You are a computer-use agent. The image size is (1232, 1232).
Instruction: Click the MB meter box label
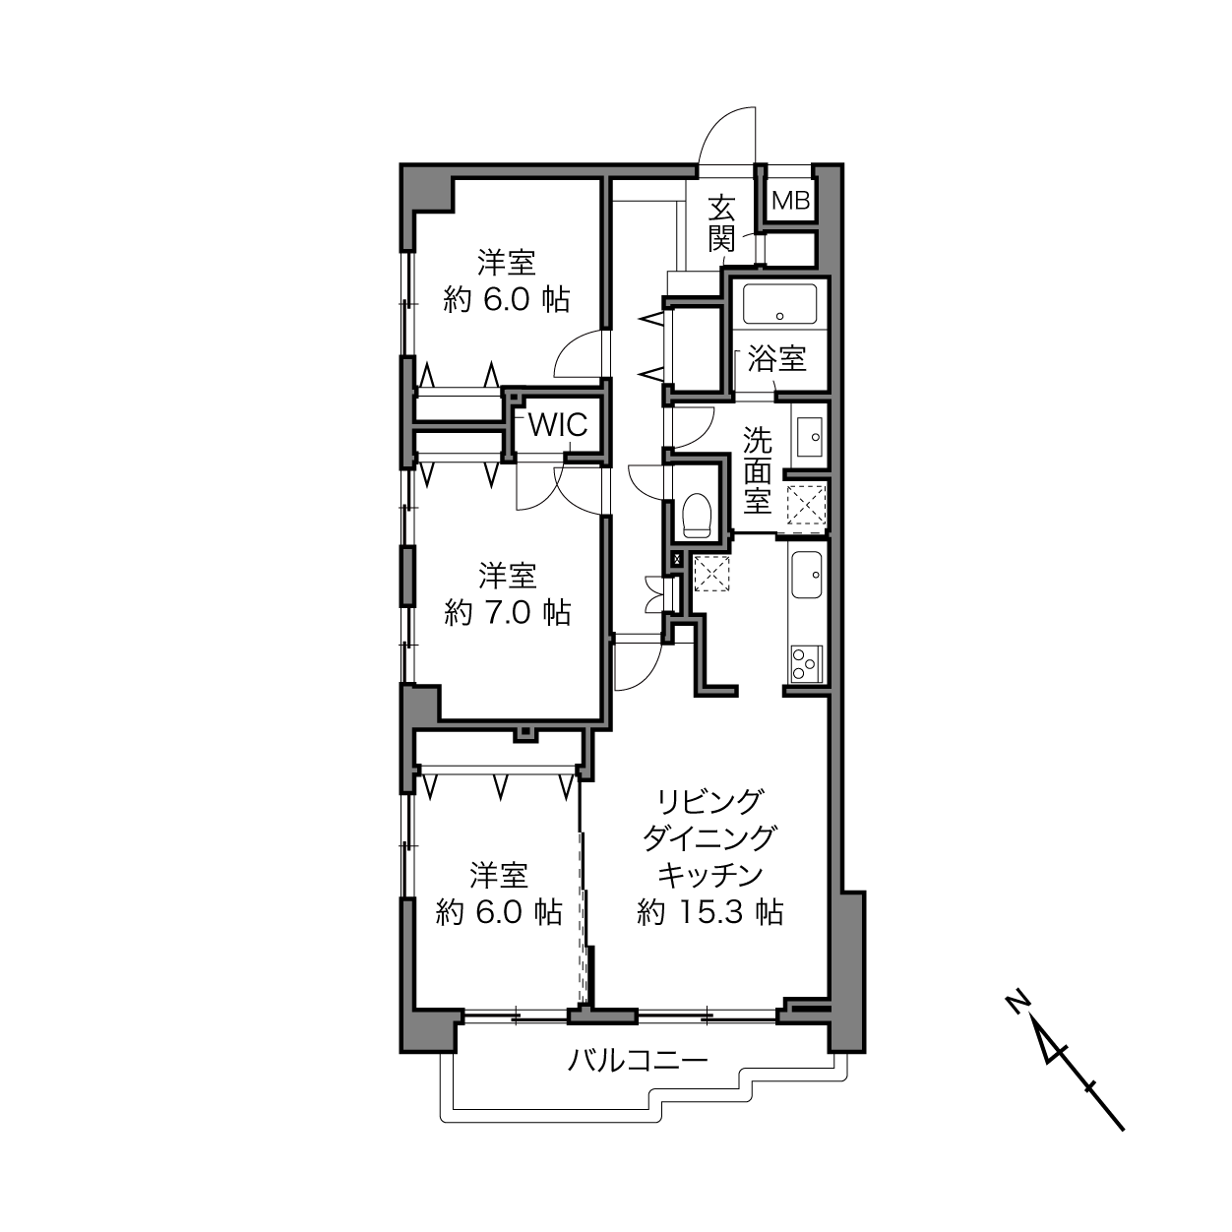click(x=791, y=201)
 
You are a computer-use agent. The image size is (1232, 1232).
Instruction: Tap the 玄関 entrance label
click(x=722, y=223)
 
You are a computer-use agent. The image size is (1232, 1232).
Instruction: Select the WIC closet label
click(x=558, y=425)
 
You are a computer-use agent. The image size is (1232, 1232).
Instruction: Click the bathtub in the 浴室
click(x=779, y=304)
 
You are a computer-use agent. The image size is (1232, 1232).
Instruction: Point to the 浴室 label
click(x=777, y=358)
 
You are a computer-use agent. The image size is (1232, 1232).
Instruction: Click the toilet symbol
click(x=697, y=516)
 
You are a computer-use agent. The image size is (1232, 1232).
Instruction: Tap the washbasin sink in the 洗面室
click(x=808, y=437)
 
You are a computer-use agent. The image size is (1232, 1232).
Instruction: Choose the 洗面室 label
click(x=757, y=470)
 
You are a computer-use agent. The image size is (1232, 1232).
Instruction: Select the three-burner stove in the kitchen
click(x=806, y=663)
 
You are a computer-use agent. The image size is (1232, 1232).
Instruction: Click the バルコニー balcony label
click(x=638, y=1062)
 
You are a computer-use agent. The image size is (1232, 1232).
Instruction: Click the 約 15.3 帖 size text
click(x=710, y=912)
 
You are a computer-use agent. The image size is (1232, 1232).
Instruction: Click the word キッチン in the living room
click(x=710, y=875)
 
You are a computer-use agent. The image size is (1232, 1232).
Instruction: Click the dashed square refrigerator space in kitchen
click(x=711, y=574)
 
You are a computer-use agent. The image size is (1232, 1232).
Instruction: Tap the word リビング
click(x=710, y=802)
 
